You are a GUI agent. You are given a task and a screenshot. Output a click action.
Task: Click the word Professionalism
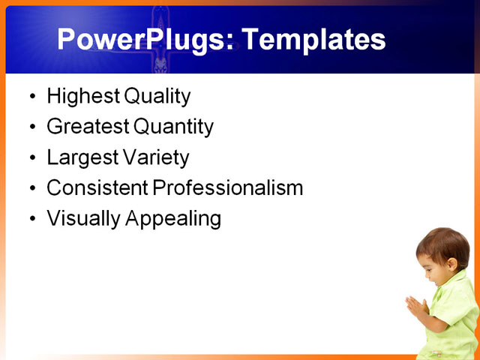(x=228, y=187)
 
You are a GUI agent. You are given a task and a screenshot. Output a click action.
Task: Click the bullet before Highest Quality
(x=31, y=97)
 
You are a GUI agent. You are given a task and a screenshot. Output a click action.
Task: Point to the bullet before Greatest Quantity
(x=31, y=127)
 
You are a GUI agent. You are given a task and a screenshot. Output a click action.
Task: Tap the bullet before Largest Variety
(x=31, y=158)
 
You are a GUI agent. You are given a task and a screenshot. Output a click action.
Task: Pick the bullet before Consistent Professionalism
(x=31, y=188)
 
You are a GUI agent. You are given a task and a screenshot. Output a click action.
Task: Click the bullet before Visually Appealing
(x=31, y=219)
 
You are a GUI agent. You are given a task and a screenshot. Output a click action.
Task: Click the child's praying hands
(x=416, y=306)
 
